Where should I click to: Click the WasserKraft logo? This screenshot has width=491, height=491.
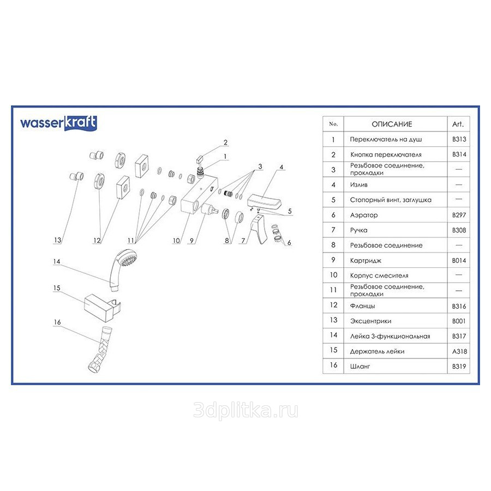[58, 123]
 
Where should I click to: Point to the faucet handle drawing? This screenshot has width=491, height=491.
[259, 230]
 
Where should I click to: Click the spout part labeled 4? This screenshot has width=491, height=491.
[264, 202]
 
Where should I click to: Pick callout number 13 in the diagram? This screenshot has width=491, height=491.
[58, 240]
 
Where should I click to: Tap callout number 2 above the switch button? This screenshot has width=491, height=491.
[225, 142]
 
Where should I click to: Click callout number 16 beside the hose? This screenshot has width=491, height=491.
[57, 322]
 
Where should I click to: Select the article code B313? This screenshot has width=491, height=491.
[459, 139]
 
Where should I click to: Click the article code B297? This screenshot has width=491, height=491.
[459, 215]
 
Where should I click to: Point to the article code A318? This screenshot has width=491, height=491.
[459, 351]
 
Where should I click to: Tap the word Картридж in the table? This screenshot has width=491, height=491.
[366, 261]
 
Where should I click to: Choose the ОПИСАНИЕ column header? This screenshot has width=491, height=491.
[392, 124]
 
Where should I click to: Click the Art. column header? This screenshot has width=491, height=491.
[458, 124]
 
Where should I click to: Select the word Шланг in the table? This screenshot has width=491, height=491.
[360, 367]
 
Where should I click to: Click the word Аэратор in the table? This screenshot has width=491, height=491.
[364, 215]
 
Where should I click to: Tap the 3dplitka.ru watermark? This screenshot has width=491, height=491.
[246, 410]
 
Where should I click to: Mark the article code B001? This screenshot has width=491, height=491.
[459, 321]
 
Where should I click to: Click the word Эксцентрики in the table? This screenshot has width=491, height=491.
[371, 321]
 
